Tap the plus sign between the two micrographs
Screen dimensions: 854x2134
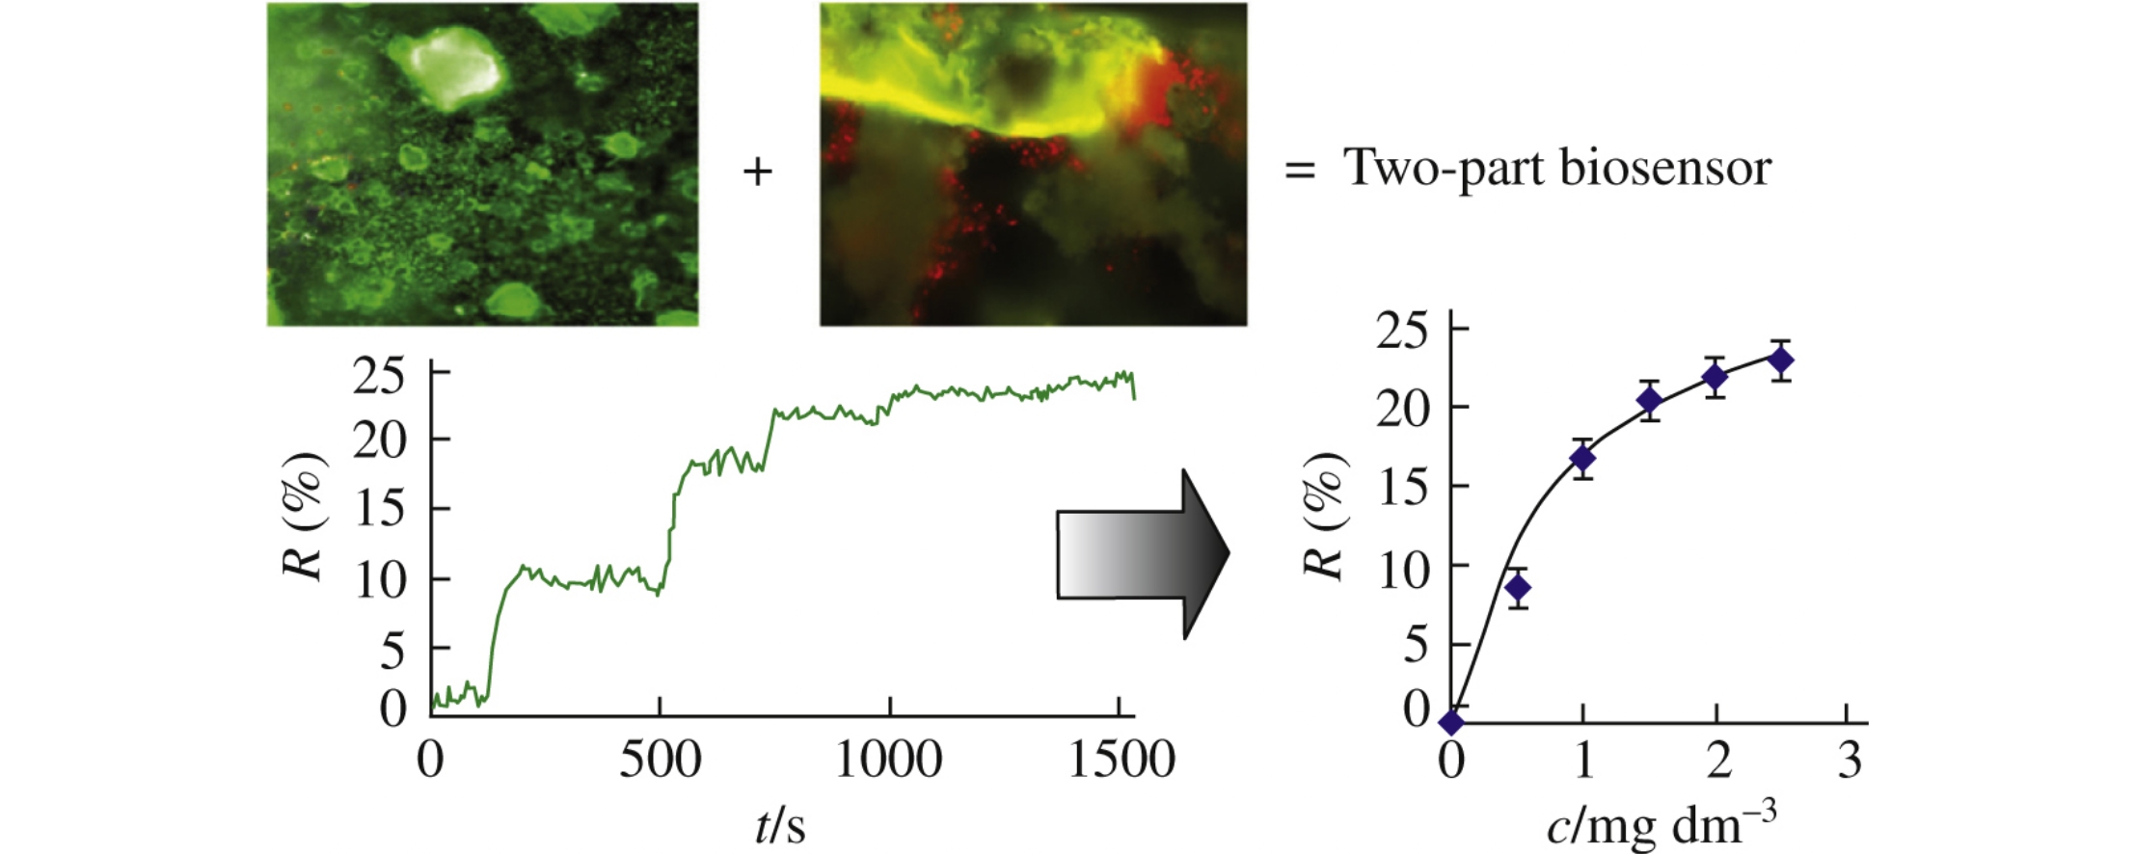[x=758, y=173]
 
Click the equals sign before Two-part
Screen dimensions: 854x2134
[x=1299, y=172]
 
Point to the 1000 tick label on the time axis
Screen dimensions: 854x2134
[x=888, y=761]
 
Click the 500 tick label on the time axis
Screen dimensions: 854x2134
[x=660, y=761]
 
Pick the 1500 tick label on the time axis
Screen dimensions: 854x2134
[x=1121, y=761]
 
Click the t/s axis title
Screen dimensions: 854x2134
[x=780, y=826]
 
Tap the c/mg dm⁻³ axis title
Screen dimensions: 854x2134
[x=1661, y=826]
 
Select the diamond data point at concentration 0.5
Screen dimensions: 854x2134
[x=1518, y=588]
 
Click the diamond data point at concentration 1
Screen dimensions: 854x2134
[x=1582, y=459]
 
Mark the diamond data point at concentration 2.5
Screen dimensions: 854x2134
[x=1781, y=360]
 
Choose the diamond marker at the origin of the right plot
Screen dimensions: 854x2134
[x=1451, y=722]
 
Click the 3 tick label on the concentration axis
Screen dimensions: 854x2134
[x=1849, y=761]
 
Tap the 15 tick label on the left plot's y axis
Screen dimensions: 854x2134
[x=380, y=508]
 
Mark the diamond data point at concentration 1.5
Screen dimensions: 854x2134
[x=1650, y=399]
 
